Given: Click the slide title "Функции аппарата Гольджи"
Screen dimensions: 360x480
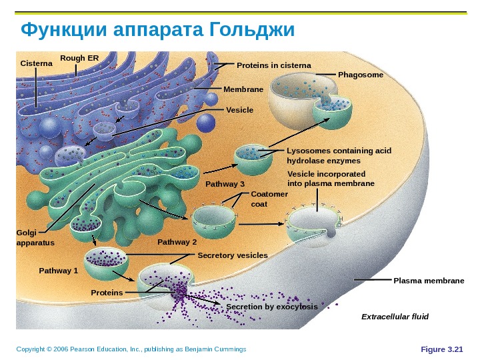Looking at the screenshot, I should point(157,31).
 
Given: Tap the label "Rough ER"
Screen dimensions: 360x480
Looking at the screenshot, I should point(79,58).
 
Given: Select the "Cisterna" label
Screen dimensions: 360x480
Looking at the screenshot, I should point(36,63).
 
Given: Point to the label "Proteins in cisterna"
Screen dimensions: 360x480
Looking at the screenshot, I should point(274,65).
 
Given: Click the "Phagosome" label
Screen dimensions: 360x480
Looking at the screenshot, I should point(361,75).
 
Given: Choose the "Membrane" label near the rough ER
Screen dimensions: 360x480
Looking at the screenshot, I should point(243,89).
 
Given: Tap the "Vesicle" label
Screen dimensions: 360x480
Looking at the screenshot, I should point(240,109).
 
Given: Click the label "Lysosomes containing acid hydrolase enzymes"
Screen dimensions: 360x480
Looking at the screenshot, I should point(338,156).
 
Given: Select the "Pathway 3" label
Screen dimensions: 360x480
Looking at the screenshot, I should point(225,184).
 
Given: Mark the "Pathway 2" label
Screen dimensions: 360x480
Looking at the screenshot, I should point(177,242).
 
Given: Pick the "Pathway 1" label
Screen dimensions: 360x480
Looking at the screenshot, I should point(59,271).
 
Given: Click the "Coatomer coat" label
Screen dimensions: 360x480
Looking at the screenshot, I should point(269,199).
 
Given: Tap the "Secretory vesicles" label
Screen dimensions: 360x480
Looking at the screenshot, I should point(233,255).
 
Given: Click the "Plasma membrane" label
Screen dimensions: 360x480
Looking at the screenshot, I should point(429,281).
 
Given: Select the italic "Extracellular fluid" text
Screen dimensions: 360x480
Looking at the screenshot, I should point(395,316).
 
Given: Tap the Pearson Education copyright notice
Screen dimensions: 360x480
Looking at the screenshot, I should point(131,349).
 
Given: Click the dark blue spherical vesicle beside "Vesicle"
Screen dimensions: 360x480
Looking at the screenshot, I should point(207,123).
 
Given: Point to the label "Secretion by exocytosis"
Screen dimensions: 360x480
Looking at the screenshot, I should point(271,307).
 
